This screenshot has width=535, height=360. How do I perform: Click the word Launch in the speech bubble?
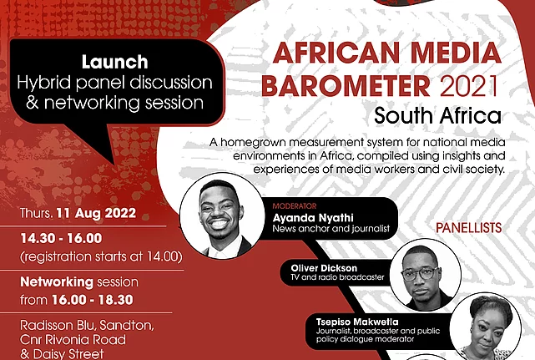click(114, 62)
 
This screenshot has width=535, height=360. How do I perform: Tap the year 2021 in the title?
click(470, 85)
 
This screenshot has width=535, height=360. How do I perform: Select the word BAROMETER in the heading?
click(346, 85)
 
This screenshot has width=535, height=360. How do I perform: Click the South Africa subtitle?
click(437, 116)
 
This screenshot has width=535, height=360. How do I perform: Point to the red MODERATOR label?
click(295, 206)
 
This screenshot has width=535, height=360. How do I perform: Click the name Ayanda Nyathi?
click(313, 217)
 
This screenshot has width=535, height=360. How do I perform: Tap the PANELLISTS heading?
click(468, 228)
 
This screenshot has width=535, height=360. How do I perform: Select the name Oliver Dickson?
click(324, 268)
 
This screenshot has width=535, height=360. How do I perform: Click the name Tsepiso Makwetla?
click(357, 322)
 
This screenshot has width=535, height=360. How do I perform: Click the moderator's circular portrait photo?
click(222, 215)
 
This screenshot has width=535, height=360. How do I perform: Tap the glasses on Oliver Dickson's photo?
click(420, 273)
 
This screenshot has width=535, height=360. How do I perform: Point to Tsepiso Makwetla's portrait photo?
click(485, 327)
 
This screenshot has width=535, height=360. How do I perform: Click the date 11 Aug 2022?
click(96, 213)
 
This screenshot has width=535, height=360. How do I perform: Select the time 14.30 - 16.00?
click(61, 238)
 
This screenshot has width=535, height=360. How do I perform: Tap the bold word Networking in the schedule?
click(57, 282)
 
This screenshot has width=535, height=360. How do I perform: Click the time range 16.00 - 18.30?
click(93, 300)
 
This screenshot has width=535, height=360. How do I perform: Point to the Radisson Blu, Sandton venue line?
click(87, 325)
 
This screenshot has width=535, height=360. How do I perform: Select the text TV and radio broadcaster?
click(337, 277)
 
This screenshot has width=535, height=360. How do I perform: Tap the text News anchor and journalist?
click(331, 229)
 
